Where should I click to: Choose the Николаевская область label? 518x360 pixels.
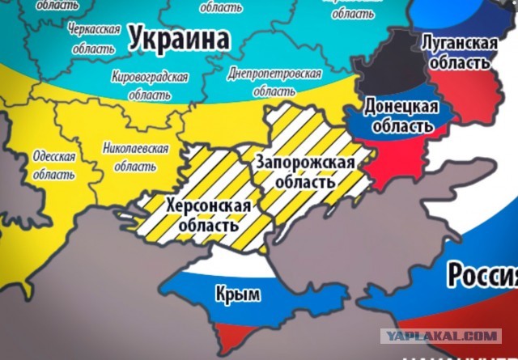[x=135, y=157]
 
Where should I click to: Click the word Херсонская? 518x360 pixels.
[x=206, y=206]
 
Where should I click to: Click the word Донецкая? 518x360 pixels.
[x=401, y=107]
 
